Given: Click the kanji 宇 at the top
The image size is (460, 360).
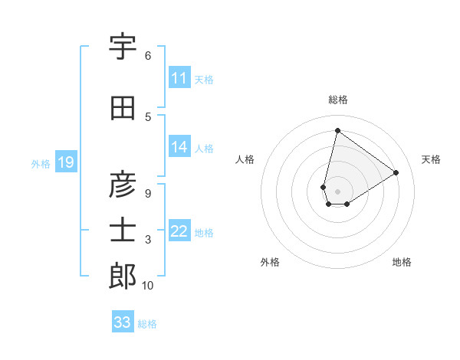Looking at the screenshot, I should coord(123,47).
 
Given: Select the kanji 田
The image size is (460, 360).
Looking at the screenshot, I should coord(123,109).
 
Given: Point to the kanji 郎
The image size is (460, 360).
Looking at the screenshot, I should coord(123,277).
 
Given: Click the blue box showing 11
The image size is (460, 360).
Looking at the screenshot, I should coord(179,78).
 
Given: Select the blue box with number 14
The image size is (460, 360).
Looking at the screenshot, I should coord(179,147).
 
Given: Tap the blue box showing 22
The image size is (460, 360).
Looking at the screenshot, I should coord(179,231).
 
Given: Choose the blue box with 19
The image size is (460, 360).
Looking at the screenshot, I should coord(65,162).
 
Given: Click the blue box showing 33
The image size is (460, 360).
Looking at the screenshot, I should coord(123,322).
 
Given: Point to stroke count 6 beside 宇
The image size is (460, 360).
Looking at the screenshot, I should coord(148,55).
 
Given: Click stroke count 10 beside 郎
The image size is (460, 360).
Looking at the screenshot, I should coord(148,286).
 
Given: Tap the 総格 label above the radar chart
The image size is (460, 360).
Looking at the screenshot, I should coord(338,100).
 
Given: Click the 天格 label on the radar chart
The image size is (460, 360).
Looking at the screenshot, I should coord(432,159).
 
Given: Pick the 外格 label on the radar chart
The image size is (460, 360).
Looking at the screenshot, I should coord(270,262).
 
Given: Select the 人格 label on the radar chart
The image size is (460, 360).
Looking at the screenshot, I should coord(245,159).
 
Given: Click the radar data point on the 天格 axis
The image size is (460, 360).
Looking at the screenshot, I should coord(396,172).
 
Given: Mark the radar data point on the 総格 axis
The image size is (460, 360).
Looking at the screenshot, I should coord(337,130).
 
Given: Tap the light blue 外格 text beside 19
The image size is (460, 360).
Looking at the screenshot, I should coord(40,163).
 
